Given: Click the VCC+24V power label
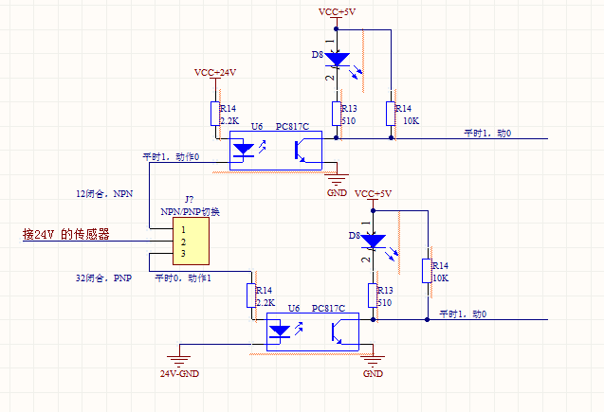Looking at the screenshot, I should click(x=215, y=72).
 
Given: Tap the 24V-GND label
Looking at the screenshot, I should click(x=179, y=373).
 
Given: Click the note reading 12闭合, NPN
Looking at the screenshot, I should click(x=105, y=193).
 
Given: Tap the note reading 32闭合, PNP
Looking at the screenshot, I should click(x=103, y=278).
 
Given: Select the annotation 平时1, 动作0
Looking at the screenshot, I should click(x=171, y=156).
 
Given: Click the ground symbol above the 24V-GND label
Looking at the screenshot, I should click(x=176, y=358).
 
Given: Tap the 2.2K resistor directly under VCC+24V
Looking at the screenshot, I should click(x=216, y=115).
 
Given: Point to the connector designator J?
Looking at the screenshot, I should click(x=190, y=200).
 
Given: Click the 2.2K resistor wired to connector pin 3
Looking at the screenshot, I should click(x=252, y=296).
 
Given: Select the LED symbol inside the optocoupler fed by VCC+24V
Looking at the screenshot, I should click(x=245, y=149).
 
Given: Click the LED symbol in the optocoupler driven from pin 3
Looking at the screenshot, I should click(x=282, y=331).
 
